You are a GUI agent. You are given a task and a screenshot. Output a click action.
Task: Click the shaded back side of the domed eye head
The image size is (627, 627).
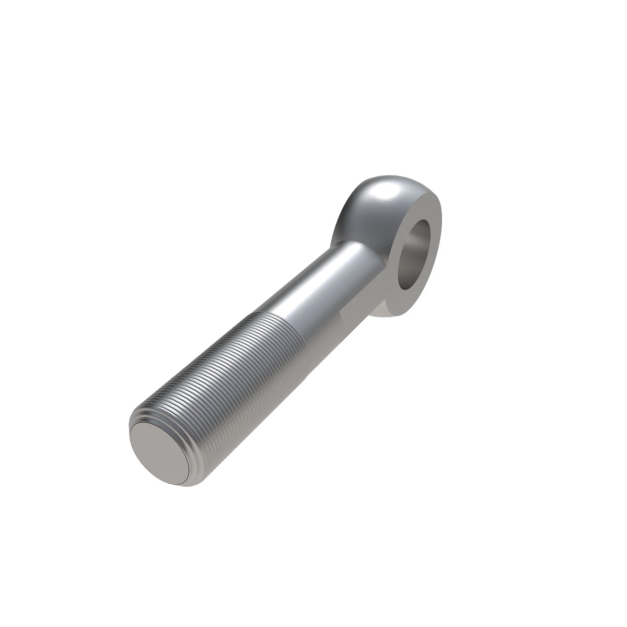[x=347, y=219]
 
